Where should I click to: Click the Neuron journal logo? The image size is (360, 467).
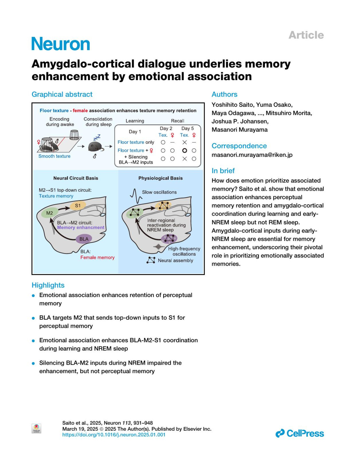(61, 44)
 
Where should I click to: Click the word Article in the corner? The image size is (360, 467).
(306, 35)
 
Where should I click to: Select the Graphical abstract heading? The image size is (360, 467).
(62, 94)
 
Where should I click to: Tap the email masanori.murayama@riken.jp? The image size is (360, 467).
(252, 155)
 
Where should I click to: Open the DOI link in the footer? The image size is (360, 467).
(114, 435)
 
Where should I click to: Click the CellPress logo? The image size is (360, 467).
(300, 433)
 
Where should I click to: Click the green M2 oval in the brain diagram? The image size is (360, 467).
(49, 213)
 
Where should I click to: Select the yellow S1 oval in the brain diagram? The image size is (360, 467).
(78, 205)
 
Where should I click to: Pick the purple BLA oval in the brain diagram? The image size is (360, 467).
(84, 239)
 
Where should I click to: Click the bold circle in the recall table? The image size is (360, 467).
(184, 151)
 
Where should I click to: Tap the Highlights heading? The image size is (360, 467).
(48, 285)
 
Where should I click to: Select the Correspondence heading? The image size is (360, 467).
(239, 146)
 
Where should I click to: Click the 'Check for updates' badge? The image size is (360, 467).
(36, 428)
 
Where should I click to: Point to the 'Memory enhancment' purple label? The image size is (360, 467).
(81, 228)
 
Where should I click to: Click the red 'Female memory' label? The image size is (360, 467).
(97, 257)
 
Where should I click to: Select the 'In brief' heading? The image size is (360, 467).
(223, 171)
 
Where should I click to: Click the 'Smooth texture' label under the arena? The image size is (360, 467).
(54, 156)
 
